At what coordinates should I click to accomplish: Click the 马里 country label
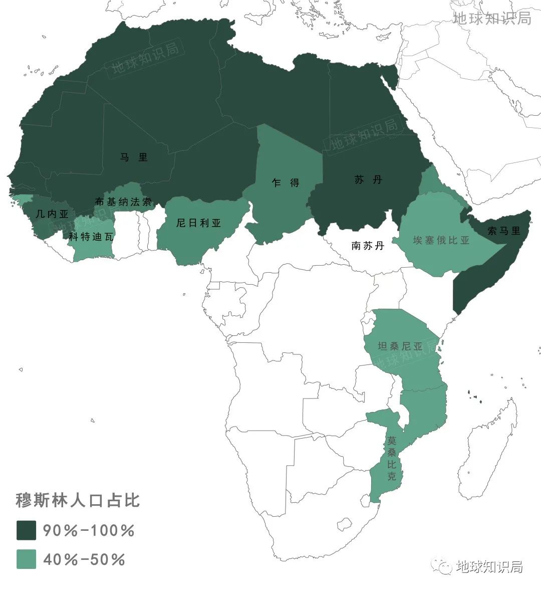point(134,157)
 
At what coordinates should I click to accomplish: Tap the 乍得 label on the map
point(286,182)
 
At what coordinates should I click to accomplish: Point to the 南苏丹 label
point(368,246)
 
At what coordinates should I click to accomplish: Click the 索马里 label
point(503,231)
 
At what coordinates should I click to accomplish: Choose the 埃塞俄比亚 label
point(441,240)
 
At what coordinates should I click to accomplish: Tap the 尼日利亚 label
point(198,223)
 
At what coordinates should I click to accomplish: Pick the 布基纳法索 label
point(123,202)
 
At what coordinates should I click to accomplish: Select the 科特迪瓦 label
point(91,237)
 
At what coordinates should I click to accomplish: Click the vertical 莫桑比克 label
point(392,458)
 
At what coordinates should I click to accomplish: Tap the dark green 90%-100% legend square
point(26,530)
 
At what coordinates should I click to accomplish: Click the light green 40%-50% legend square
point(26,559)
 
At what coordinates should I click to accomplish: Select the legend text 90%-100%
point(89,530)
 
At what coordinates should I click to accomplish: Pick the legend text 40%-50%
point(84,559)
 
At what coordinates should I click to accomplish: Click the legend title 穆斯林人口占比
point(78,500)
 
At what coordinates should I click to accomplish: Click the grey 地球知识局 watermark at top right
point(491,19)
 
